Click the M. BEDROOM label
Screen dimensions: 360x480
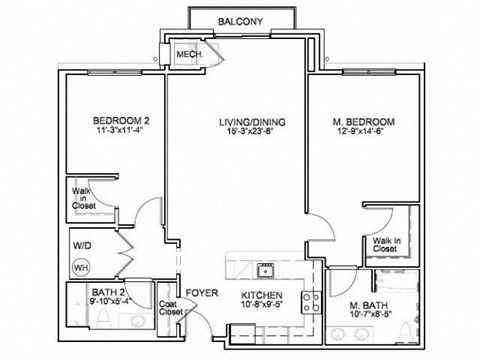364,122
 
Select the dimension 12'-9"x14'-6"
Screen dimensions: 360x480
364,133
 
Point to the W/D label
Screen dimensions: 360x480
80,245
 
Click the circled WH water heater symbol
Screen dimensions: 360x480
80,267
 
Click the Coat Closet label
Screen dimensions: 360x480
171,308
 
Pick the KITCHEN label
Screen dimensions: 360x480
262,296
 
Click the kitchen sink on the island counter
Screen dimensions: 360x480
266,268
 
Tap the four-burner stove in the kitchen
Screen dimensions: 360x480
311,297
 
